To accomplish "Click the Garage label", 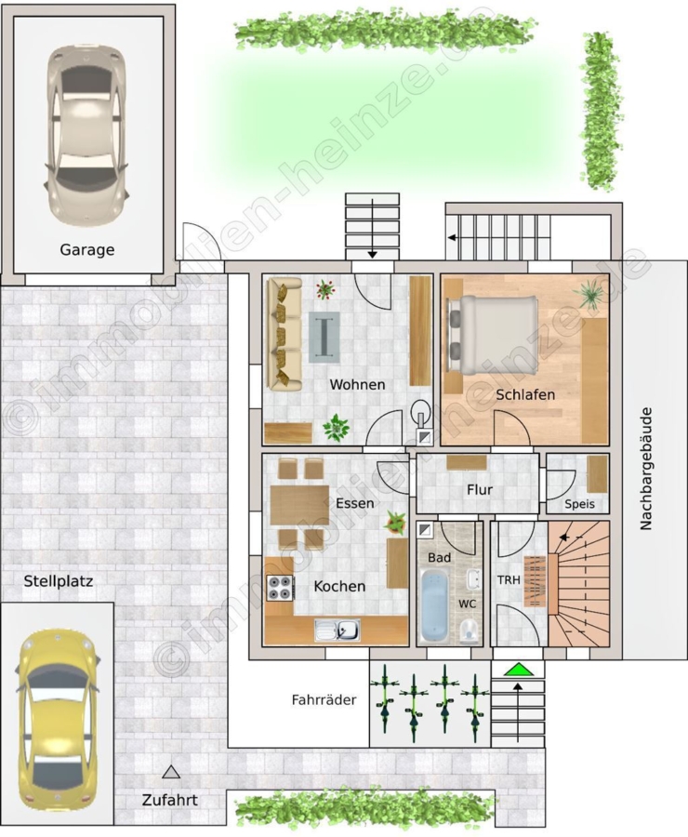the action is pyautogui.click(x=87, y=250).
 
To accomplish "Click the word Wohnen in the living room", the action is pyautogui.click(x=357, y=384).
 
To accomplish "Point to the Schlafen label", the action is pyautogui.click(x=525, y=394).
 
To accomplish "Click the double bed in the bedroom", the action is pyautogui.click(x=492, y=334).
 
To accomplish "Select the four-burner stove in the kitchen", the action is pyautogui.click(x=280, y=589).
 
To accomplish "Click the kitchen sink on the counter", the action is pyautogui.click(x=337, y=630).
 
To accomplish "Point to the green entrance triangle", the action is pyautogui.click(x=517, y=670).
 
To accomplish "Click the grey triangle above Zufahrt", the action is pyautogui.click(x=171, y=771).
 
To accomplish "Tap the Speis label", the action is pyautogui.click(x=579, y=504).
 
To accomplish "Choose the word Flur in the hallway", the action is pyautogui.click(x=480, y=489).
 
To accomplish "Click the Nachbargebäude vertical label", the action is pyautogui.click(x=646, y=469).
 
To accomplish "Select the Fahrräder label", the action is pyautogui.click(x=324, y=699).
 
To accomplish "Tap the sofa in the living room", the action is pyautogui.click(x=284, y=333).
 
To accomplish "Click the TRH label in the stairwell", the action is pyautogui.click(x=509, y=579).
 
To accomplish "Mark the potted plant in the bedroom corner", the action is pyautogui.click(x=590, y=295).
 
